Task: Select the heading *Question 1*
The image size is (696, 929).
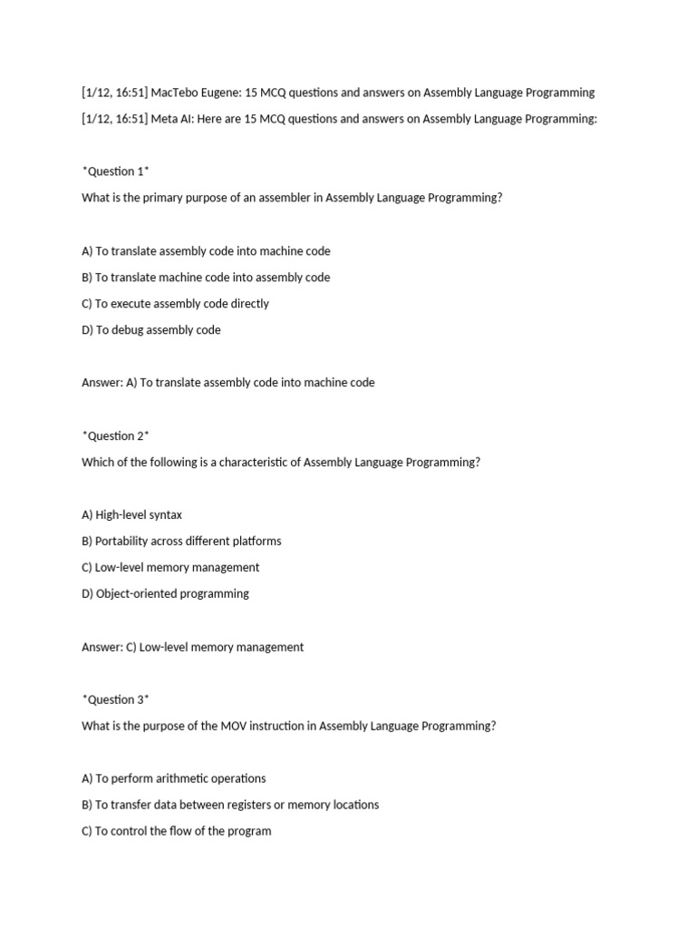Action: pyautogui.click(x=115, y=171)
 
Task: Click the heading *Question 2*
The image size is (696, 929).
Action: pyautogui.click(x=115, y=435)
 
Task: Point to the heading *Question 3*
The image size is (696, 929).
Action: pyautogui.click(x=115, y=699)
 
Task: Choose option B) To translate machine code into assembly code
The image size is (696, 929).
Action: pyautogui.click(x=206, y=278)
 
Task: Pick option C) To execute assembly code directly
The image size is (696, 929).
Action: pyautogui.click(x=175, y=304)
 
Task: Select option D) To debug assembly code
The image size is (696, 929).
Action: pyautogui.click(x=151, y=330)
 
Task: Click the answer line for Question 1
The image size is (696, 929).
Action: pyautogui.click(x=227, y=383)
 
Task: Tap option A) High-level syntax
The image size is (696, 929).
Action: pyautogui.click(x=131, y=515)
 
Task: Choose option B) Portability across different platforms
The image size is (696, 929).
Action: pyautogui.click(x=181, y=542)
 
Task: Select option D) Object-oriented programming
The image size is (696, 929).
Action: pyautogui.click(x=165, y=594)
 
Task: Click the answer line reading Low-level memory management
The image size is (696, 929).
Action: pyautogui.click(x=192, y=648)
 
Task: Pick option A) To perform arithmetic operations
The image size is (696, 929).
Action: pyautogui.click(x=174, y=778)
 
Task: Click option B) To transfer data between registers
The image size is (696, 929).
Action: pyautogui.click(x=230, y=805)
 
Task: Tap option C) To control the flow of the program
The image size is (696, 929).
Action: pyautogui.click(x=177, y=831)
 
